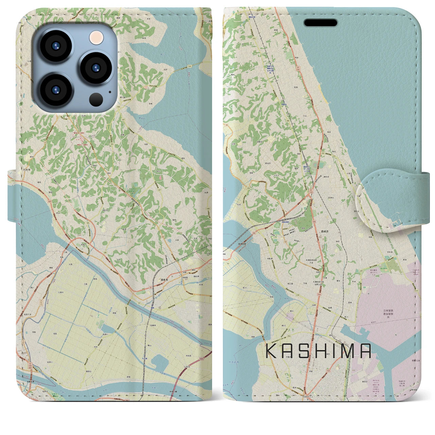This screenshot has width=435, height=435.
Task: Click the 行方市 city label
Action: pos(26,169)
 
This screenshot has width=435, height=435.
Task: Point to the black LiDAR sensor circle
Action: pos(97,100)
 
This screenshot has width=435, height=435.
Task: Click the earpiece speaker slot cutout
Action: pos(320,23)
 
